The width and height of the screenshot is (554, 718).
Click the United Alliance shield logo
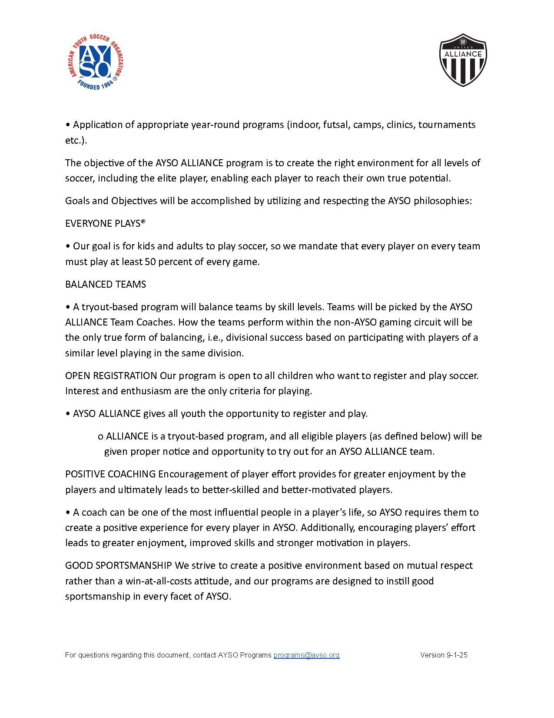[463, 60]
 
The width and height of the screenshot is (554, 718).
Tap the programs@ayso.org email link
[306, 655]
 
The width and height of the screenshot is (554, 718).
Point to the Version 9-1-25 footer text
[444, 655]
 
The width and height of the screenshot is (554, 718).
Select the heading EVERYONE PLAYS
[105, 223]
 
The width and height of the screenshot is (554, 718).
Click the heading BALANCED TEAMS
[106, 284]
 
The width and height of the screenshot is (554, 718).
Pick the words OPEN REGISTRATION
[111, 376]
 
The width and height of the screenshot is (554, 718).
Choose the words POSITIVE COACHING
[110, 474]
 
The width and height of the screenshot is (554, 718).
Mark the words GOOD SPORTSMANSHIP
[119, 565]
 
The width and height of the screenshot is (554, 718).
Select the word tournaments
[447, 125]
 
